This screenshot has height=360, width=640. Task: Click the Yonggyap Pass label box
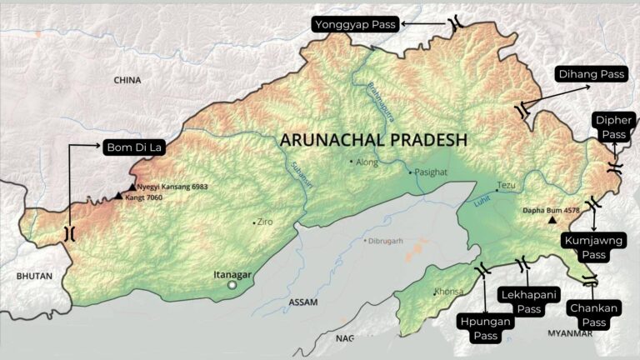pos(355,25)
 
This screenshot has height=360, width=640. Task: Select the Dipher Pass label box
pos(614,127)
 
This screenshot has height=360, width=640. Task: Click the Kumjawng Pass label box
pos(593,247)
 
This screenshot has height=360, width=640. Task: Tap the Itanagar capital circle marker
pos(233,285)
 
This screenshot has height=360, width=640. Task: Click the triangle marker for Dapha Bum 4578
pos(552,221)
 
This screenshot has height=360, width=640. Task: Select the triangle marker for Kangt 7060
pos(118,197)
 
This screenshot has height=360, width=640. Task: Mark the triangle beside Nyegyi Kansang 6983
pos(132,187)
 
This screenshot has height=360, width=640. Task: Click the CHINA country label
pos(127,80)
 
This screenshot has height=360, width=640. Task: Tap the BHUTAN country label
pos(34,276)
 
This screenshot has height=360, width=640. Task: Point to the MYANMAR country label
pos(570,333)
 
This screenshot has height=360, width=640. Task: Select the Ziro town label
pos(265,222)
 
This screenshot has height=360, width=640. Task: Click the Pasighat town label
pos(432,171)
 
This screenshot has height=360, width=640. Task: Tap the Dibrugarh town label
pos(384,240)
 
